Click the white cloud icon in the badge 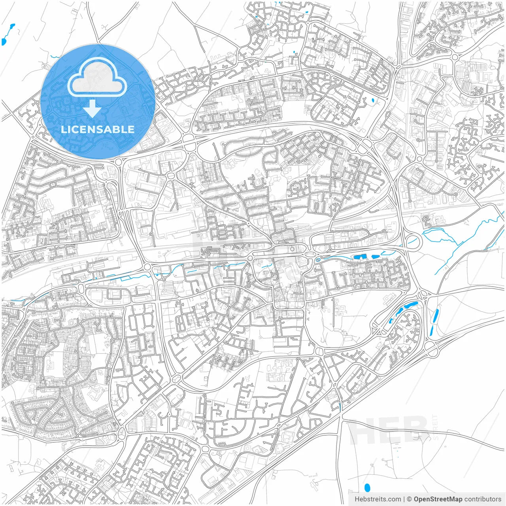pos(97,77)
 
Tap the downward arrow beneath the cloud pos(92,109)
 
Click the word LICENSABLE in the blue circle pos(97,129)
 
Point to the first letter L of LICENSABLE pos(63,129)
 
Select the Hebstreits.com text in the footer pos(378,499)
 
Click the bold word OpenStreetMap pos(438,499)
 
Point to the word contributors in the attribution pos(483,499)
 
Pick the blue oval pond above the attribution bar pos(367,488)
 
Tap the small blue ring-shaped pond pos(318,261)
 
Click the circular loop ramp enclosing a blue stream pos(412,240)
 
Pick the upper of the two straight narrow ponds pos(436,316)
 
